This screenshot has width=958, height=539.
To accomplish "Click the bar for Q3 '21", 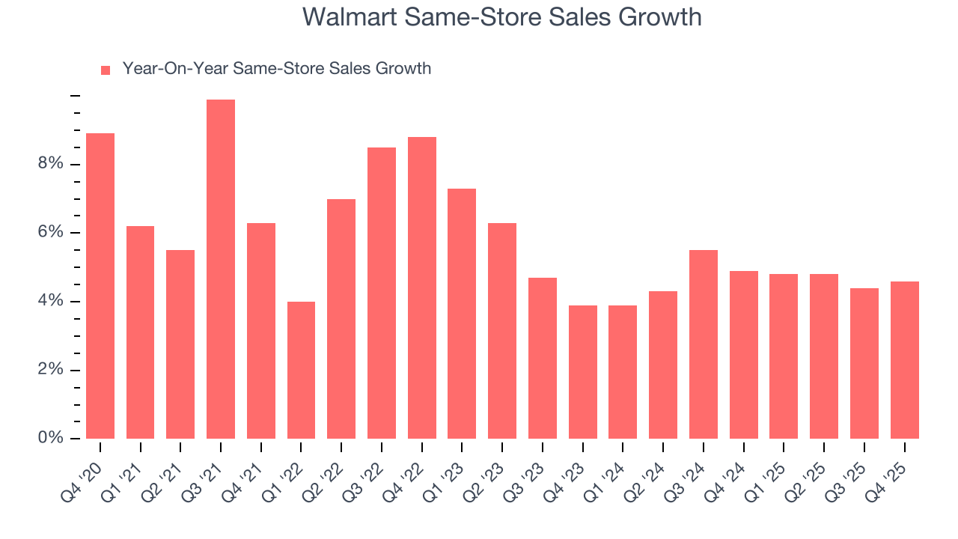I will click(x=221, y=269).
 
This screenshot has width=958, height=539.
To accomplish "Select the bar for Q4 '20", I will click(x=100, y=286).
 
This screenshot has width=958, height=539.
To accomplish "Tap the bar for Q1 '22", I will click(x=301, y=370).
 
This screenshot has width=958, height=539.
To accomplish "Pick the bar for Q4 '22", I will click(x=422, y=287).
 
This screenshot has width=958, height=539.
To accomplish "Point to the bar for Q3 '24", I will click(x=704, y=344).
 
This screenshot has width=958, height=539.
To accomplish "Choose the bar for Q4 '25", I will click(x=904, y=360).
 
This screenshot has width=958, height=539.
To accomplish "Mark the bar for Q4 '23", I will click(x=583, y=372).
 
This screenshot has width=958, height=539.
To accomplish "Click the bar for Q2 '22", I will click(x=341, y=319).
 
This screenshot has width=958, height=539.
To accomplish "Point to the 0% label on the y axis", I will click(x=51, y=438).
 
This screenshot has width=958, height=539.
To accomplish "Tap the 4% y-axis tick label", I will click(x=51, y=302).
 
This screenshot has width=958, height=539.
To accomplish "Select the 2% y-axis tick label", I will click(x=51, y=370).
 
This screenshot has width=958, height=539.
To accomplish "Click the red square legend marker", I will click(x=106, y=70).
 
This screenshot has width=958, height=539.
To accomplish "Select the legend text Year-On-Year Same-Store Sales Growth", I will click(x=277, y=69).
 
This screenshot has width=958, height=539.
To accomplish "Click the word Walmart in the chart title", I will click(x=349, y=16).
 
